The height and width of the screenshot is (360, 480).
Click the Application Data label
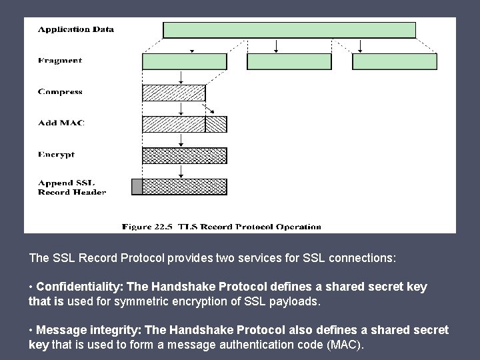coord(75,29)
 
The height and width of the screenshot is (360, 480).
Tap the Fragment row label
coord(60,61)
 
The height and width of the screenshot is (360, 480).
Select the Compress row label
coord(60,92)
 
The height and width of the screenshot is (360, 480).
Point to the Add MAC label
coord(61,123)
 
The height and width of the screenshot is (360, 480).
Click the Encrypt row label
coord(56,155)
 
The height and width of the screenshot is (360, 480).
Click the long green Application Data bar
coord(289,30)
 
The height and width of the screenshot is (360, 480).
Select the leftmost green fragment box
coord(185,62)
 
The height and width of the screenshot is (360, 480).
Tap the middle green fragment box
coord(289,62)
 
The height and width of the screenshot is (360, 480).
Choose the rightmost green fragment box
coord(395,62)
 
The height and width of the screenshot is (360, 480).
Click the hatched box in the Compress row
coord(174,93)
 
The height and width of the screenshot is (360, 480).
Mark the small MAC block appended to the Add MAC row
coord(216,124)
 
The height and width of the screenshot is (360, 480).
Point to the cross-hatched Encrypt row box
coord(185,155)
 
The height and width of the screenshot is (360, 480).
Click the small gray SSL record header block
coord(137,187)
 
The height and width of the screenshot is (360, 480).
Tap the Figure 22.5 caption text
coord(221,227)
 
